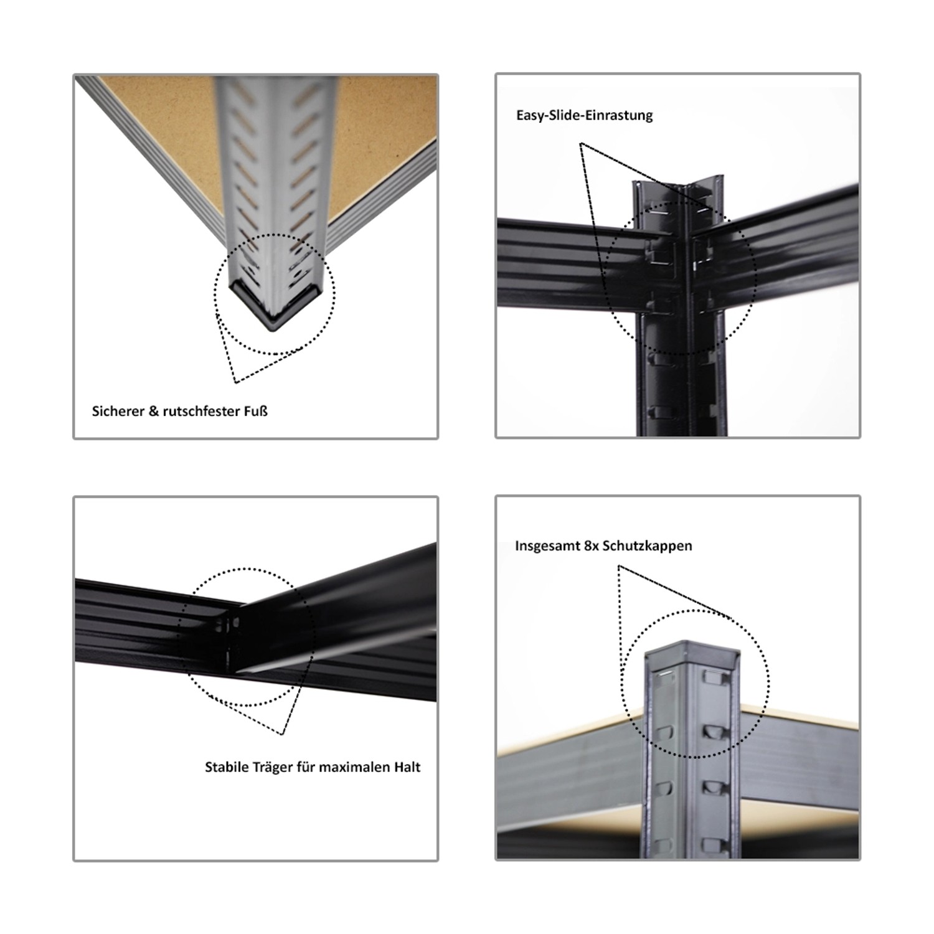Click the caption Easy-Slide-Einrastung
pos(584,115)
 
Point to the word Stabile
pos(227,767)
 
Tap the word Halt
pos(407,767)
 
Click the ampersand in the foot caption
pos(153,411)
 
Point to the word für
pos(306,767)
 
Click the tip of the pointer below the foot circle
pos(235,382)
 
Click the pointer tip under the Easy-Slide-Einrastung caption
pos(580,144)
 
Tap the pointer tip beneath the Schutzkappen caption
pos(618,566)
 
